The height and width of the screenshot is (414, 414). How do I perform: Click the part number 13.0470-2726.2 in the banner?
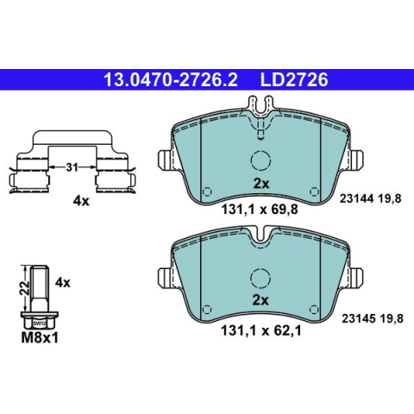click(x=171, y=79)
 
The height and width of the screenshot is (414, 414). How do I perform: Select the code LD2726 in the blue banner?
click(x=294, y=79)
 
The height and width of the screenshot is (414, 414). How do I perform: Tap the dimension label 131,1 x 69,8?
click(x=260, y=210)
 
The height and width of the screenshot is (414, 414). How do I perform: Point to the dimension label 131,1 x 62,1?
click(x=261, y=330)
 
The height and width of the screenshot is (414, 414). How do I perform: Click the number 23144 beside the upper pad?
click(x=356, y=198)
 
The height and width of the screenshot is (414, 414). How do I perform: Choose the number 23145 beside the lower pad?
click(x=358, y=318)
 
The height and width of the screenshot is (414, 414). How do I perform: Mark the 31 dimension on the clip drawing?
click(x=72, y=167)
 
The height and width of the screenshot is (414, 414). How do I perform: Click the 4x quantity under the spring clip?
click(x=81, y=201)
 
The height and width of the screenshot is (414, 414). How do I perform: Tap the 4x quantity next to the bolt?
click(x=63, y=283)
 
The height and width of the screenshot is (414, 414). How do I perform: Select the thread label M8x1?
click(x=40, y=338)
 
